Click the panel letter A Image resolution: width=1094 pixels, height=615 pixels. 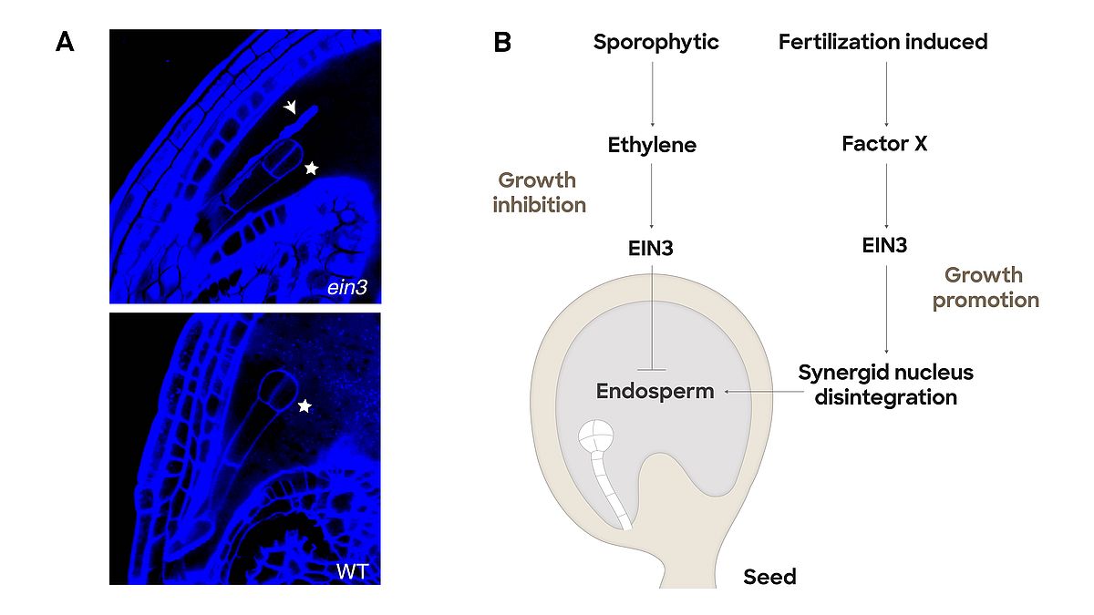[x=65, y=42]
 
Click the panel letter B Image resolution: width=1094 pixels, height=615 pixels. [x=502, y=42]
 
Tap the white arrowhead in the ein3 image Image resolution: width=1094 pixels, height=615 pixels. [x=290, y=108]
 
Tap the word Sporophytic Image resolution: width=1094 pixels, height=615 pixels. [x=655, y=42]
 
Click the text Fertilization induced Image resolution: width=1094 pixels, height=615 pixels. [x=882, y=42]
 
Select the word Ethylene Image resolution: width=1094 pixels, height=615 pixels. [x=652, y=144]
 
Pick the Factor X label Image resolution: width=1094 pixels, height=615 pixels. [x=884, y=144]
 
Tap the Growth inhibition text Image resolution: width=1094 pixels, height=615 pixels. [x=539, y=192]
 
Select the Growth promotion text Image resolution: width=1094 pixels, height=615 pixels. [x=985, y=287]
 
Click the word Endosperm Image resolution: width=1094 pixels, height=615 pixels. [x=655, y=391]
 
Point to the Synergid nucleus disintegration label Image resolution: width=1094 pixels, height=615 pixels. [x=885, y=384]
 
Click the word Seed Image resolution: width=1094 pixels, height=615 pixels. [x=769, y=576]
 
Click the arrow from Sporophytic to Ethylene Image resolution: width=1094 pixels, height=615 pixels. [x=652, y=92]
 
